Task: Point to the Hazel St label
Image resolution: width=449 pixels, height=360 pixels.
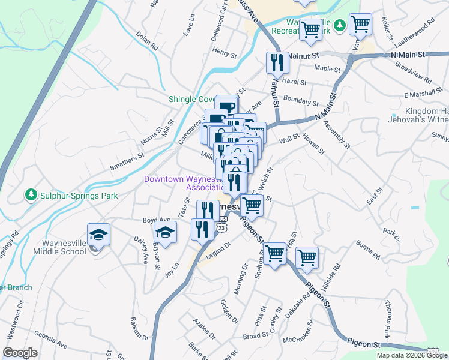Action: coord(294,82)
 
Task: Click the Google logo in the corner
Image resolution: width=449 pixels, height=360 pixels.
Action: coord(20,352)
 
